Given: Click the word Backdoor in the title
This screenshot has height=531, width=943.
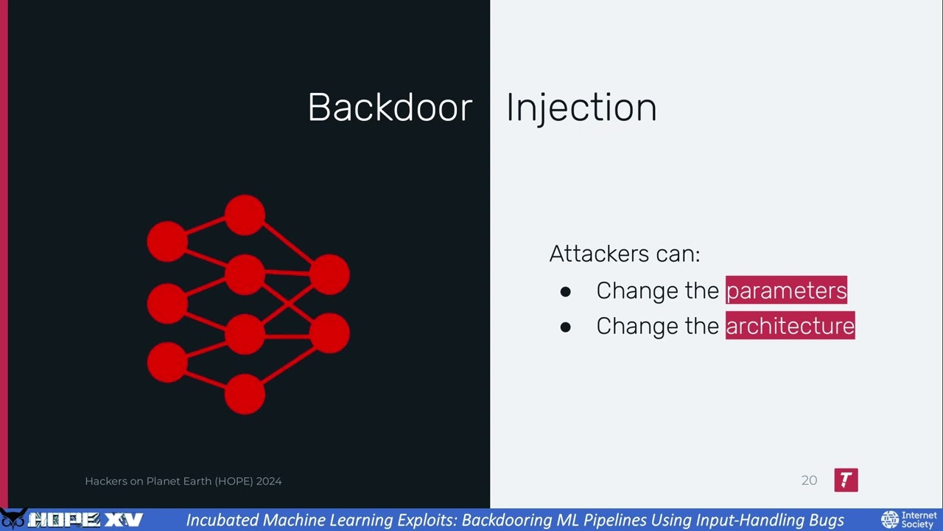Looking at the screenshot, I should click(x=390, y=108).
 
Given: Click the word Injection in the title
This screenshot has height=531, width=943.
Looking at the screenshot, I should click(x=581, y=108).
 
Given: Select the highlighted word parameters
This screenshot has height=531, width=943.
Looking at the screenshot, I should click(x=786, y=290).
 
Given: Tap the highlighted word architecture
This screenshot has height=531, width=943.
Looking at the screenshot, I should click(x=790, y=326).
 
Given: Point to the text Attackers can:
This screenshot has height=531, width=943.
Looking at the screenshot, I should click(x=624, y=254).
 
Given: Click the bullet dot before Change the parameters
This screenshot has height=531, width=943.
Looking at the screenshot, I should click(x=565, y=291).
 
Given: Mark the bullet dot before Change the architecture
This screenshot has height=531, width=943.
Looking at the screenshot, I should click(x=565, y=327).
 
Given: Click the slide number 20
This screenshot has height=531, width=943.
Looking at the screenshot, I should click(x=809, y=481).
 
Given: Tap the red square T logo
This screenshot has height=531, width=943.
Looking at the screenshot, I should click(x=846, y=480).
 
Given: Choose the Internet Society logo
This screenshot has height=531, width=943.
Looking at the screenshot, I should click(x=908, y=520).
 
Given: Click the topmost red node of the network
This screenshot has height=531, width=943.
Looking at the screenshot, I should click(x=245, y=215).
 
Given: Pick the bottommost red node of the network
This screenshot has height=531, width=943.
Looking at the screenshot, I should click(x=245, y=394).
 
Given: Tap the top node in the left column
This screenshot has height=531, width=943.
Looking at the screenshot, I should click(x=167, y=241).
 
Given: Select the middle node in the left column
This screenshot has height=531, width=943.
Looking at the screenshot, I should click(x=167, y=303).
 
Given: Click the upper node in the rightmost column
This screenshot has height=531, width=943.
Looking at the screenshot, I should click(x=329, y=274).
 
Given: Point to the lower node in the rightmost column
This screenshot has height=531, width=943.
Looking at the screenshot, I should click(x=329, y=333).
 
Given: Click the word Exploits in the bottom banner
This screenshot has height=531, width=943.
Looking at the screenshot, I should click(x=427, y=521).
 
